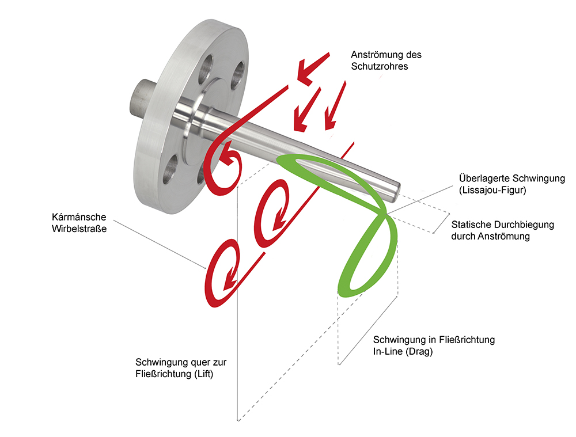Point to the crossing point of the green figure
384,215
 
